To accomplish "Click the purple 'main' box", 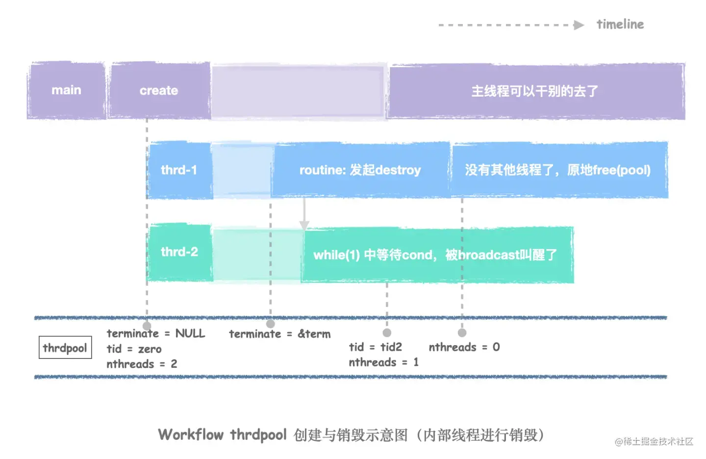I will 66,90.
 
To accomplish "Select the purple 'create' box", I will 159,91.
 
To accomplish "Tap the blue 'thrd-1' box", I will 179,170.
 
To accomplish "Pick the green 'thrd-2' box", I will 179,252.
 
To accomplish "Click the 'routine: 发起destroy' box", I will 360,170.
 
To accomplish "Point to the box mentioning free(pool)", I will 558,170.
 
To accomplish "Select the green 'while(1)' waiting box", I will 435,255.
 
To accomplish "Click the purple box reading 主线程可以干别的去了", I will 535,91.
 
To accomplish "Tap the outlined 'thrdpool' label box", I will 65,348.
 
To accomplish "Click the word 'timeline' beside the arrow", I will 620,25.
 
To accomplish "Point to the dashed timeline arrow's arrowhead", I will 579,25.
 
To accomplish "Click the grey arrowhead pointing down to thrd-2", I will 304,225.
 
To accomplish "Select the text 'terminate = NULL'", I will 156,333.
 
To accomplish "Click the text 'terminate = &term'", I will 279,334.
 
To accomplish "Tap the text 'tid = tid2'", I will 375,347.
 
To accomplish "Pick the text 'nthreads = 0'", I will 464,347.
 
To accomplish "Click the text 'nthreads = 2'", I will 142,364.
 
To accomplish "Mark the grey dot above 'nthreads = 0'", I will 462,333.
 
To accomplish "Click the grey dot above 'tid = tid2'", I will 387,333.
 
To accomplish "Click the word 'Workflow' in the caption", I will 191,434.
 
